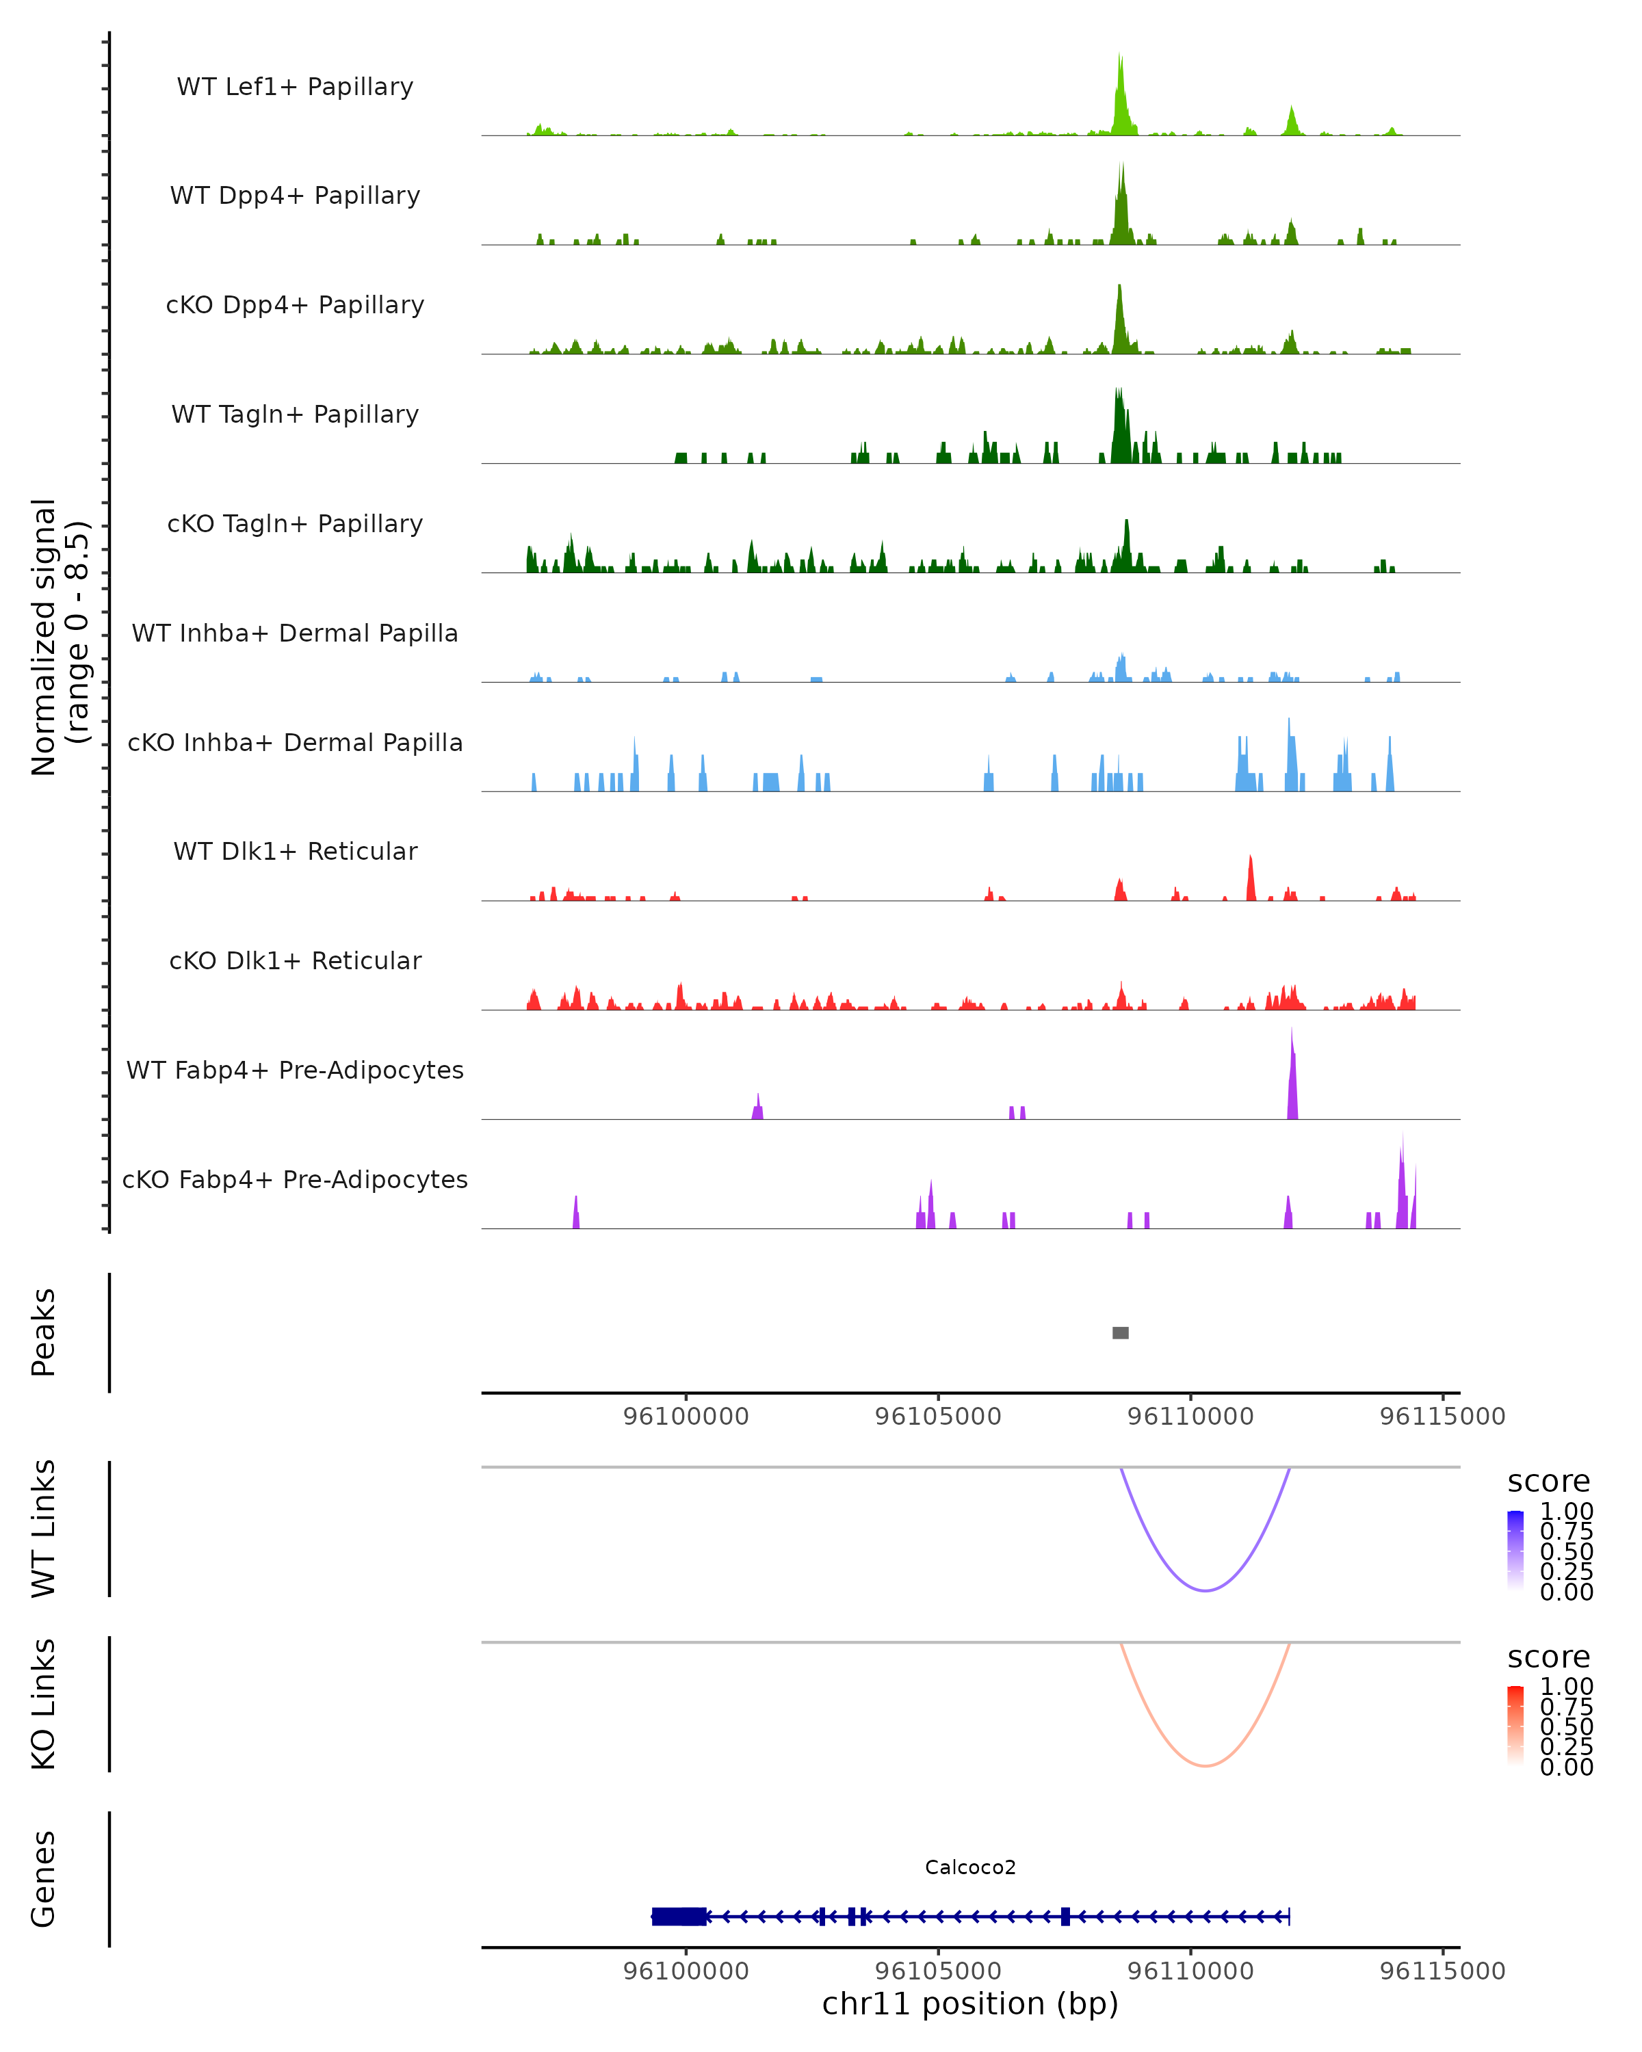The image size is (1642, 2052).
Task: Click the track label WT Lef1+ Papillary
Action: pos(295,87)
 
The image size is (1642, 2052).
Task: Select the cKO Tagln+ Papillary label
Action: pos(295,523)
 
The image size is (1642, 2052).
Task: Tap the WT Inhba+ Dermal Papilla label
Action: pos(295,633)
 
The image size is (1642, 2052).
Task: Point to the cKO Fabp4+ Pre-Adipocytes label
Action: pos(295,1179)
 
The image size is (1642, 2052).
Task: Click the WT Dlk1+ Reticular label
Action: pos(295,851)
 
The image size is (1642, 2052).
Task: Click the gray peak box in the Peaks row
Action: pos(1121,1332)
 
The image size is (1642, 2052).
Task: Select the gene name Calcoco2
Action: pos(970,1867)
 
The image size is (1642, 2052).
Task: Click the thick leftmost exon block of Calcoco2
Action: pos(679,1916)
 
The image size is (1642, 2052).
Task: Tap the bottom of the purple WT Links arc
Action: pos(1205,1590)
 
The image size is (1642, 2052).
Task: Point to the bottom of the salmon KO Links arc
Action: pos(1205,1765)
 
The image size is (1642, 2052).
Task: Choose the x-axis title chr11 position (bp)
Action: pos(970,2004)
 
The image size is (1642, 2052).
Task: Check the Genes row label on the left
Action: pos(44,1879)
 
